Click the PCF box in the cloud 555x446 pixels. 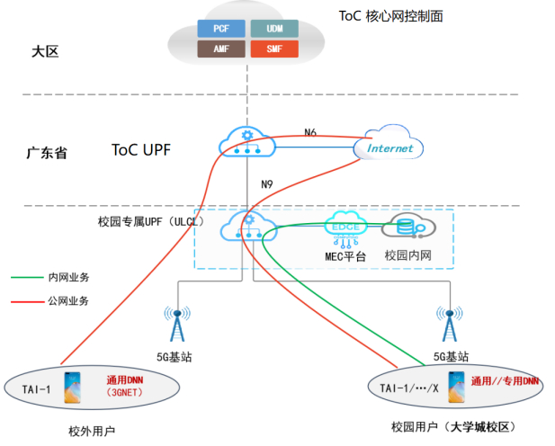click(221, 28)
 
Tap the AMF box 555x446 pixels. click(221, 48)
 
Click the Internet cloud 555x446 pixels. click(390, 147)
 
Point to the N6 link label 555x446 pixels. click(310, 132)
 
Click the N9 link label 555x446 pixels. click(267, 184)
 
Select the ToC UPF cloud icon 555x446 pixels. click(244, 143)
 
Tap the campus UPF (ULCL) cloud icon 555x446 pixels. click(244, 226)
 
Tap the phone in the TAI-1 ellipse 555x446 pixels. click(71, 388)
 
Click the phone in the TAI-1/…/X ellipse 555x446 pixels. click(456, 386)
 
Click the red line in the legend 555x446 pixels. click(26, 301)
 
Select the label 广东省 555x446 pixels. click(47, 153)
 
